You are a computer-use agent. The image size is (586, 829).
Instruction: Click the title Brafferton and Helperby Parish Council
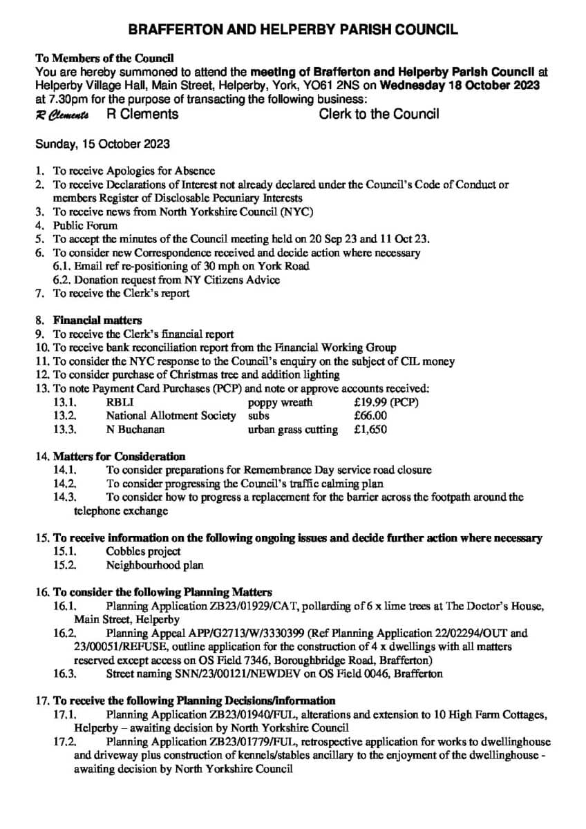coord(293,30)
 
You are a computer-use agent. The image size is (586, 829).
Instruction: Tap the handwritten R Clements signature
coord(62,115)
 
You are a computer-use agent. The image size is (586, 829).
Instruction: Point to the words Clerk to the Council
coord(379,114)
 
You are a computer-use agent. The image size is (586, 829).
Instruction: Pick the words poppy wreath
coord(280,402)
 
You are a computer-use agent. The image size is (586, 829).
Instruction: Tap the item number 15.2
coord(64,565)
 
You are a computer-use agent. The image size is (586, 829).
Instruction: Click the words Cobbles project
coord(143,551)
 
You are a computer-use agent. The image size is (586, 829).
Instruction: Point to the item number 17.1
coord(64,714)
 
